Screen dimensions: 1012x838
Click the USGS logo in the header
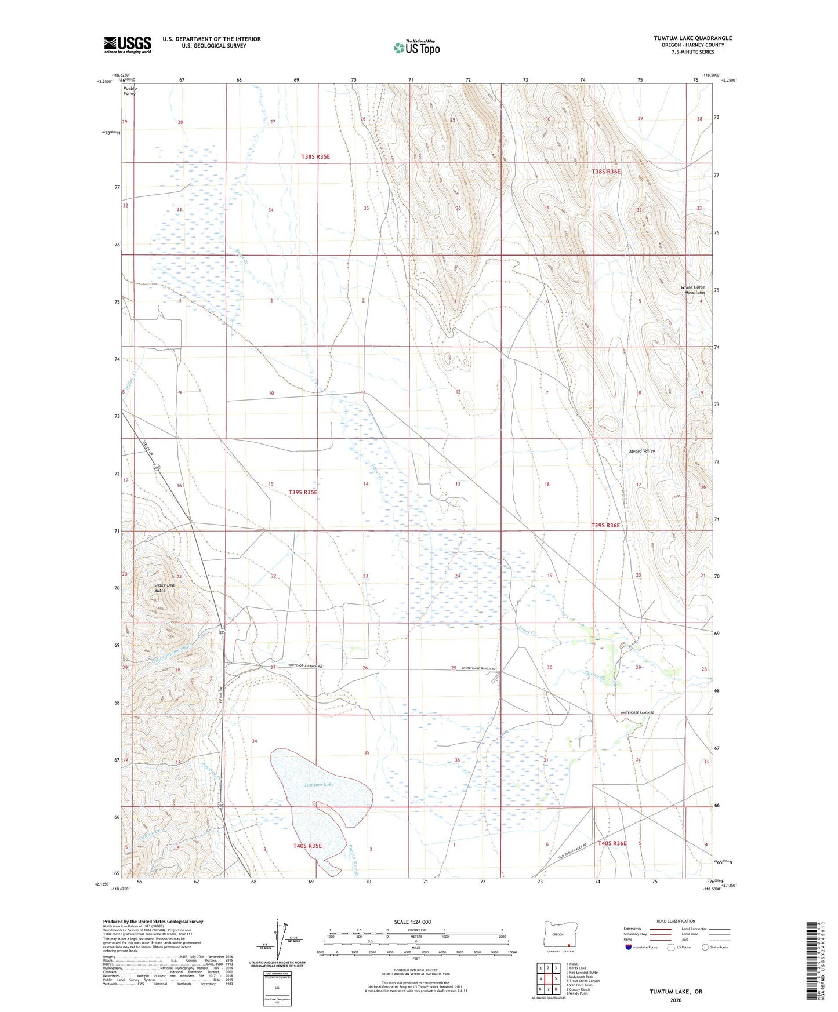128,45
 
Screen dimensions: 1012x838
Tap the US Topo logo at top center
416,48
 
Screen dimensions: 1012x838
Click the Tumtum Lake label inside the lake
319,785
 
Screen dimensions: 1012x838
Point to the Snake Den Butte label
164,588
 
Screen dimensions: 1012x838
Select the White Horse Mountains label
693,290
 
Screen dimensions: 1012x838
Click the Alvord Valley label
642,451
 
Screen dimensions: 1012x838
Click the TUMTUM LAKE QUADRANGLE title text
692,38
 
